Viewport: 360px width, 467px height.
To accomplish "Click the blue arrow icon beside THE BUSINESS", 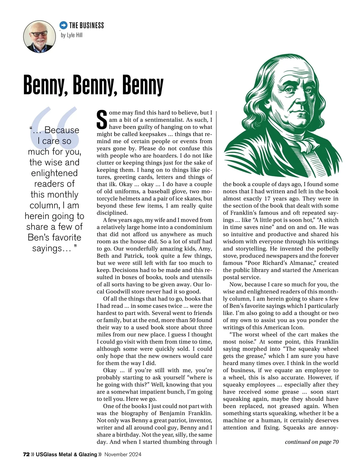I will tap(63, 25).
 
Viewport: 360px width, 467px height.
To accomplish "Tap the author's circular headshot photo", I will tap(40, 37).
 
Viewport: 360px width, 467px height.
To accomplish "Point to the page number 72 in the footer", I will tap(26, 454).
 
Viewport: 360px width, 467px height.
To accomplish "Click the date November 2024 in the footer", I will tap(123, 454).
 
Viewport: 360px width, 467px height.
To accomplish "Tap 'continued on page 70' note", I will tap(312, 442).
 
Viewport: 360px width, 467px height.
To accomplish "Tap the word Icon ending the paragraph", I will tap(297, 327).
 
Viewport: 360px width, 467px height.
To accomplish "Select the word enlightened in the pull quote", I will tap(54, 173).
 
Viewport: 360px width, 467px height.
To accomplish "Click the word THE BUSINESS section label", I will tap(86, 25).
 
